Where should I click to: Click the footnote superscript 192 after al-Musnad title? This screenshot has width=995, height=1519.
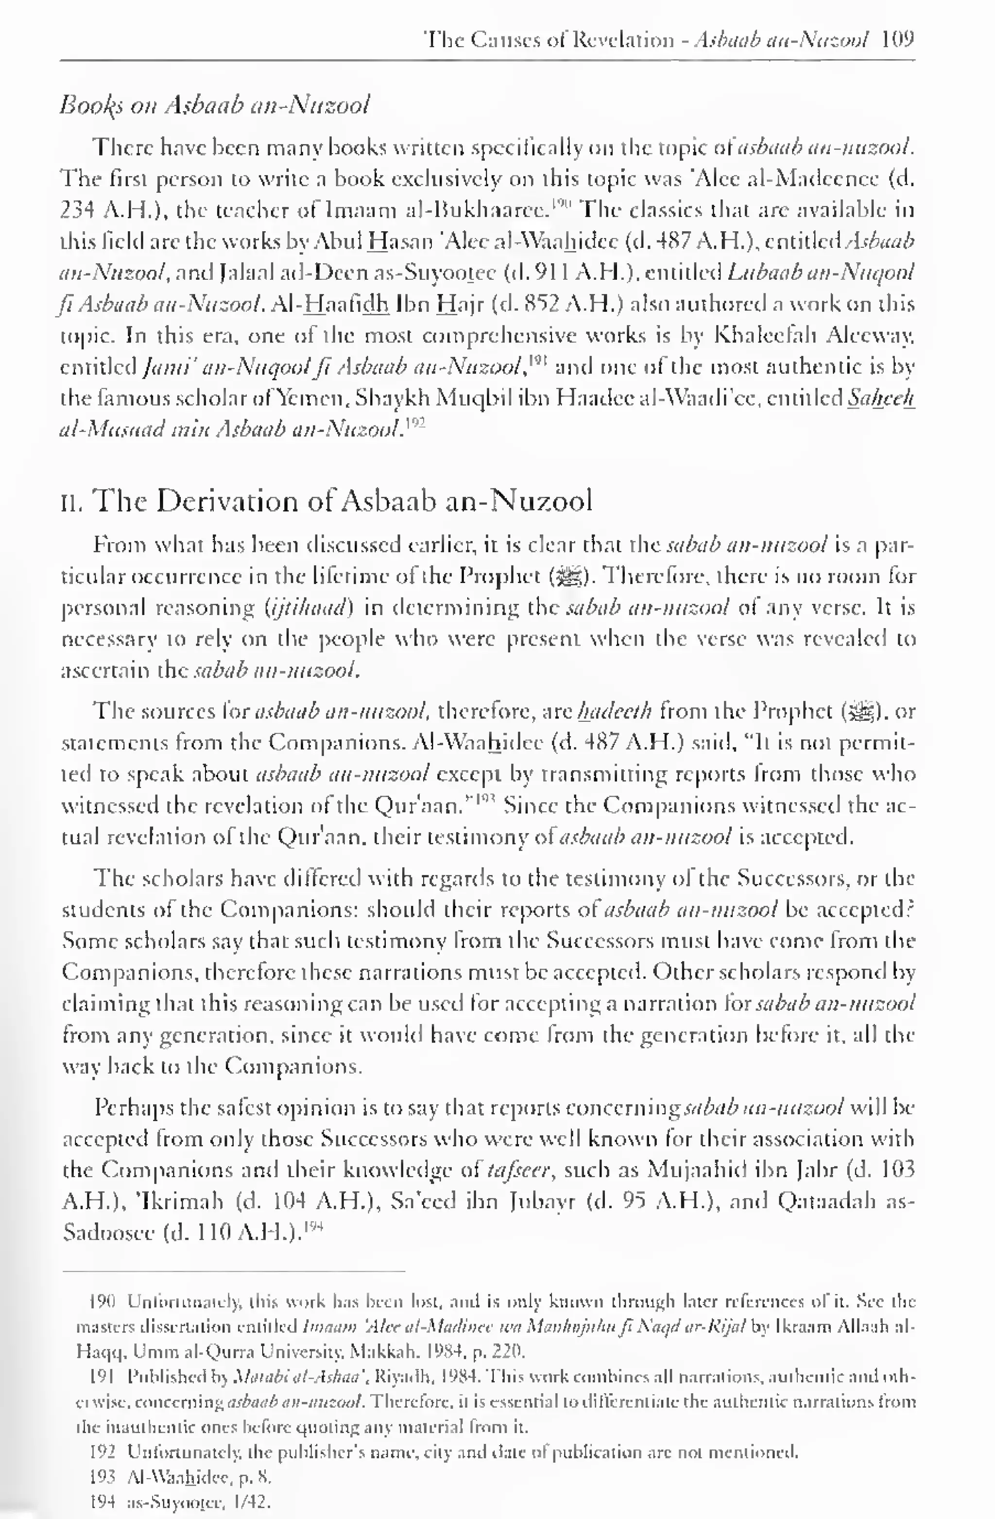(x=416, y=424)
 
